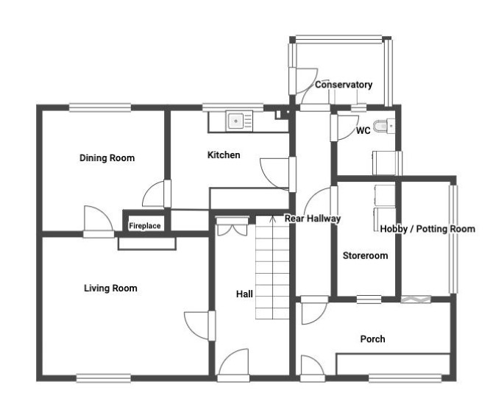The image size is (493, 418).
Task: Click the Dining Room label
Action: click(107, 158)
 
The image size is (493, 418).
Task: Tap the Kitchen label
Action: click(224, 155)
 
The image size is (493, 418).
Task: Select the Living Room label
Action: click(110, 288)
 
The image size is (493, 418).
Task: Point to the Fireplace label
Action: click(145, 226)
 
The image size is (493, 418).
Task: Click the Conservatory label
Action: click(344, 85)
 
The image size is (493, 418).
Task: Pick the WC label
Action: click(363, 130)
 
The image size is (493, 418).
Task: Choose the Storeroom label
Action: click(366, 255)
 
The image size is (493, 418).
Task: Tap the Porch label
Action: click(372, 339)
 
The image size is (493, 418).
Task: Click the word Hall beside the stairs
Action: click(244, 294)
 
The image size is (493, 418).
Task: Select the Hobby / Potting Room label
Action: click(428, 229)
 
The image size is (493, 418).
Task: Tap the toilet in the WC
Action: click(384, 127)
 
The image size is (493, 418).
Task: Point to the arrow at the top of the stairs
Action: click(272, 219)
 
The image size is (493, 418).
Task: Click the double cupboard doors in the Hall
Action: click(233, 227)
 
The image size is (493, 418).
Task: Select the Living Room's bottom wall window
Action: click(104, 378)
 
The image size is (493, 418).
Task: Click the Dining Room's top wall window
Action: click(100, 107)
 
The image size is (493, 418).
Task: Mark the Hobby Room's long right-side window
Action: click(453, 239)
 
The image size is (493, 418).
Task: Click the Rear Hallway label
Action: click(313, 219)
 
